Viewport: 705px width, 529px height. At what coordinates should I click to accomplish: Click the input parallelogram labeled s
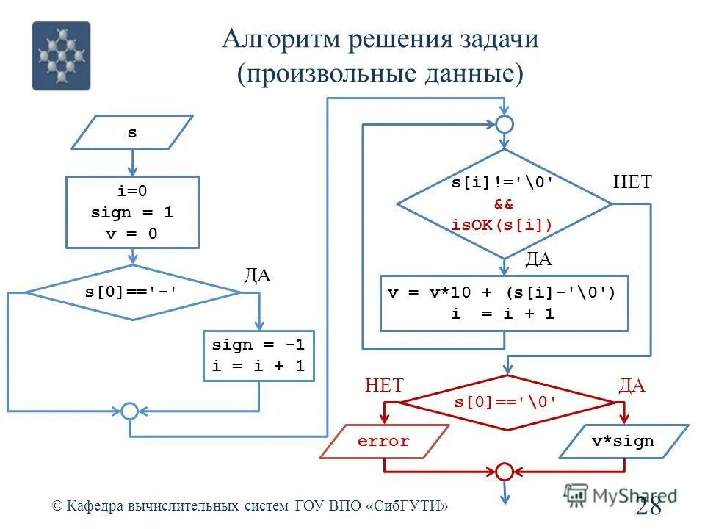(132, 132)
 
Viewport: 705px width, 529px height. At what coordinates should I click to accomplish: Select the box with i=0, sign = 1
(132, 212)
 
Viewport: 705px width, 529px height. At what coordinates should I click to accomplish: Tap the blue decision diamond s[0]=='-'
(132, 292)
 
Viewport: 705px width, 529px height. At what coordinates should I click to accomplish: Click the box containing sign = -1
(258, 356)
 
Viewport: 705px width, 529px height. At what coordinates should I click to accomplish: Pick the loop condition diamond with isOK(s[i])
(504, 204)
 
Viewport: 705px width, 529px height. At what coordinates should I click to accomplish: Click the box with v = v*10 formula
(504, 303)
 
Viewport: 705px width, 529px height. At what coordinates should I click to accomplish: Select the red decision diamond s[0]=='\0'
(507, 402)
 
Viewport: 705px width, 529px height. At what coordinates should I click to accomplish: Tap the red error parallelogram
(384, 442)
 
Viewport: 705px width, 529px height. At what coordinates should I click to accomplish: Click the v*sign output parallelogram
(624, 442)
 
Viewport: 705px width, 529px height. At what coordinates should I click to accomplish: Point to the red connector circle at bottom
(504, 471)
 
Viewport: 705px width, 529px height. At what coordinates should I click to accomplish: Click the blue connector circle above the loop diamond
(504, 123)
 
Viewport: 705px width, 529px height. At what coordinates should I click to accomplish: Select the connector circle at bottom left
(129, 411)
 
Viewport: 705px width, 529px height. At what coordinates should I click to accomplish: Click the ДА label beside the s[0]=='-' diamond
(257, 276)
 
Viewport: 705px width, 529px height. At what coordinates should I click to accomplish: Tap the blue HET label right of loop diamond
(632, 182)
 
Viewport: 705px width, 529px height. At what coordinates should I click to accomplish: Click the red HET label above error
(384, 386)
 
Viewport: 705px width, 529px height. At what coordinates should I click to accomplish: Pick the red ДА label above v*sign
(632, 386)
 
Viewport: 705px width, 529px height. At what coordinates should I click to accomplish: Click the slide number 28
(648, 506)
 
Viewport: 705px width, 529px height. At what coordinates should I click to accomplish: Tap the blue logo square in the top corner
(61, 55)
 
